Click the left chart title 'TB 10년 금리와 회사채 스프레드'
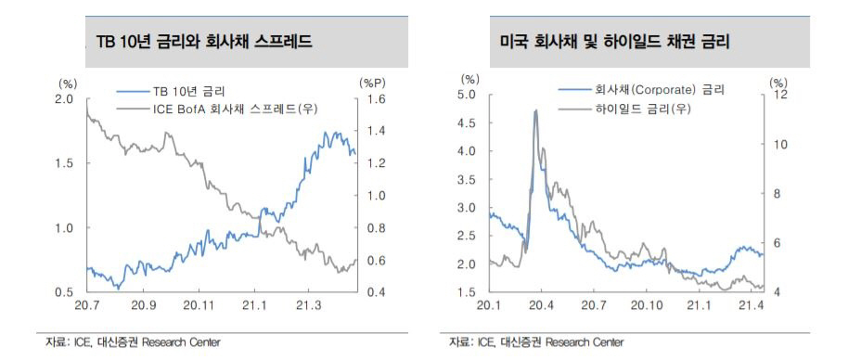point(204,43)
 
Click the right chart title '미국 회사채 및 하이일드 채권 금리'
point(614,43)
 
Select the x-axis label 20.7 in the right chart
point(593,304)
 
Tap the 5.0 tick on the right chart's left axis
point(468,95)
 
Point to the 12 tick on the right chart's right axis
point(779,95)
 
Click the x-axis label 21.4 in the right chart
point(750,304)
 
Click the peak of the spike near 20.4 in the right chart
point(535,110)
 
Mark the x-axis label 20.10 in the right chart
point(645,304)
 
